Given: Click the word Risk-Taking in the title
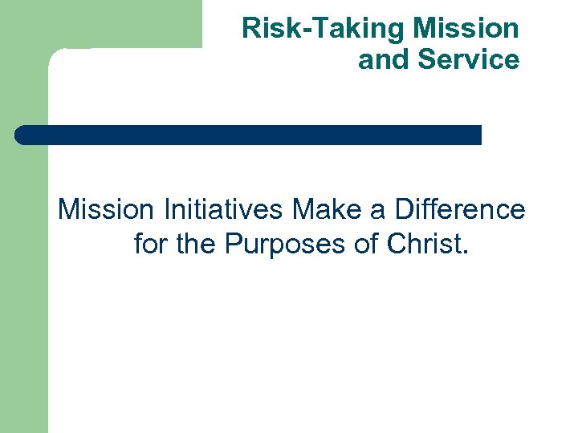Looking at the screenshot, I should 324,29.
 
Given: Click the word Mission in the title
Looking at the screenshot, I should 466,29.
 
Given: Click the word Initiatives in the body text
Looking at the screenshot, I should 223,210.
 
